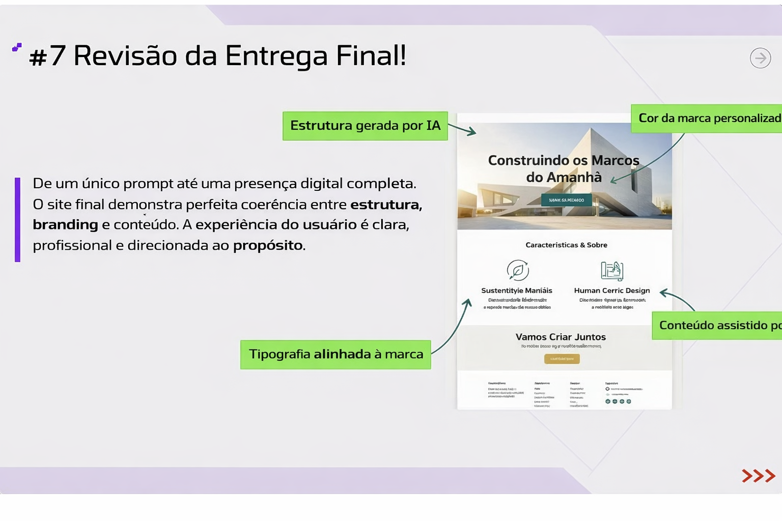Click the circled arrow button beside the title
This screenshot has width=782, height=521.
pos(760,58)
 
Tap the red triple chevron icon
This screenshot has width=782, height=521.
pos(758,476)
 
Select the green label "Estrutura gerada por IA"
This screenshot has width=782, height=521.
pos(365,126)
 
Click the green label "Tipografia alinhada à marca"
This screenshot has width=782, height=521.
pos(336,354)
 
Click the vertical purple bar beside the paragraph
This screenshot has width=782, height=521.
pos(18,219)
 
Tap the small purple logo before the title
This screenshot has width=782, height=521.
pos(17,47)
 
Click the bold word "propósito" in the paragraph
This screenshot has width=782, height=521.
pos(268,245)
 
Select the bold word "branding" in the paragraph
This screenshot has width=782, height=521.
pos(65,224)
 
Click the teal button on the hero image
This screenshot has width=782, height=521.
pos(566,200)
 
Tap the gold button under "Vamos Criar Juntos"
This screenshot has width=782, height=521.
pos(562,359)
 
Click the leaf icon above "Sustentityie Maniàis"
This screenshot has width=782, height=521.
pos(517,270)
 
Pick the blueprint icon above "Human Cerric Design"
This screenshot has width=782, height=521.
pos(612,271)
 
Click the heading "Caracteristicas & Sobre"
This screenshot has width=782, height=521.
pos(566,245)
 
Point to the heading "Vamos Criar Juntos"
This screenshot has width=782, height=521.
pos(561,337)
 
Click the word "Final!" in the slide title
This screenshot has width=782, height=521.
pos(371,55)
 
